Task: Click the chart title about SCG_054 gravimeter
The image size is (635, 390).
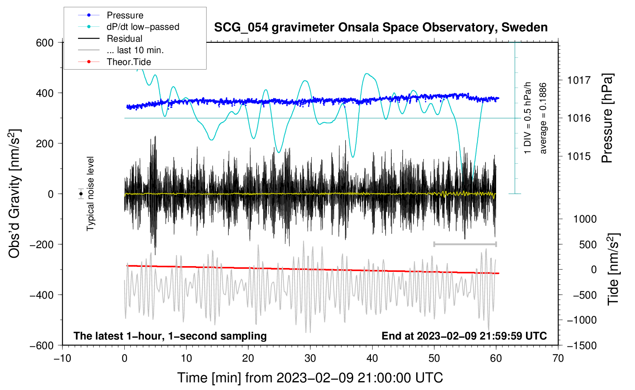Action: [381, 28]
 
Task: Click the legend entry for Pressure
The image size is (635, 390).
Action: [125, 15]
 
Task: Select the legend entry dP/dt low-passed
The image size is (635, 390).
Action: [143, 27]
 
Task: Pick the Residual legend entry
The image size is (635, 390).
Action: [124, 39]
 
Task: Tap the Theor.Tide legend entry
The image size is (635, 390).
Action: [129, 62]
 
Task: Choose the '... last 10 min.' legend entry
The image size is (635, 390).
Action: [135, 50]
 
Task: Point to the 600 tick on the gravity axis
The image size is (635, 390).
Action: [45, 43]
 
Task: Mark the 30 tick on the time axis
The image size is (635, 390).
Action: [310, 358]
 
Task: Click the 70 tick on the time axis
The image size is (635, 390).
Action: [558, 358]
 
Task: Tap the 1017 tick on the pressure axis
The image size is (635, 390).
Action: [579, 80]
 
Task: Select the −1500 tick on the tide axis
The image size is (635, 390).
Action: [581, 345]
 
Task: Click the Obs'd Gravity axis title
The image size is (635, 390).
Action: [15, 194]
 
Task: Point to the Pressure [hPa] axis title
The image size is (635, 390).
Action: [607, 119]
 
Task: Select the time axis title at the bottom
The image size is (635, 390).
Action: [310, 378]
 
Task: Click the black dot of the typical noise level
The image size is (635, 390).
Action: [81, 194]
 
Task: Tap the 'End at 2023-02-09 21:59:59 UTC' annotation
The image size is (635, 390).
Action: [464, 336]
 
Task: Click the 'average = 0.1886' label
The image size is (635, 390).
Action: [543, 119]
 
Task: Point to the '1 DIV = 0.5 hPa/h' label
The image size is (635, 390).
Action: [528, 118]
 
